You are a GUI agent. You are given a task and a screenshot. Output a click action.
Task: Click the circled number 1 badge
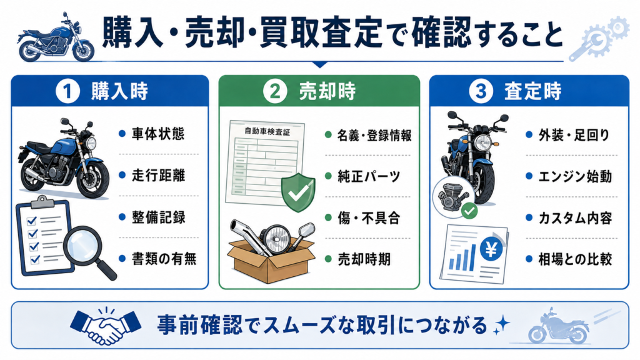point(67,91)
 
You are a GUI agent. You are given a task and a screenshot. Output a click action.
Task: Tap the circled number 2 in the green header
point(274,91)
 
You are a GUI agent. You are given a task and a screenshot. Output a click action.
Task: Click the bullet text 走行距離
point(158,176)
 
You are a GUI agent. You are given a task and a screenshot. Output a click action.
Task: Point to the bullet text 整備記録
point(158,217)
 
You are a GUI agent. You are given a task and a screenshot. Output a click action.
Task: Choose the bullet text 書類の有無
point(164,259)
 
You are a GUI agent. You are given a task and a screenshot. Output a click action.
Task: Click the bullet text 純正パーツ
point(369,176)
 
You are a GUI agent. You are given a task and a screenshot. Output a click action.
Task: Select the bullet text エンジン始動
point(575,176)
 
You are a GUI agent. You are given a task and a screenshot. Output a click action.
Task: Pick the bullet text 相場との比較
point(575,259)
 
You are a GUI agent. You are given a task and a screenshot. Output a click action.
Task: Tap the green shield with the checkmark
point(298,192)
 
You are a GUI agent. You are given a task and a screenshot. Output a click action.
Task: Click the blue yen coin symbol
point(491,249)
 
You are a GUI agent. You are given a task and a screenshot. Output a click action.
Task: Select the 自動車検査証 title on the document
point(267,131)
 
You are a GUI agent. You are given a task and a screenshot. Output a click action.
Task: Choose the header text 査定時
point(533,91)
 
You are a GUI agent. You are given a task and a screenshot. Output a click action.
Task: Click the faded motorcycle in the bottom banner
point(559,326)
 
